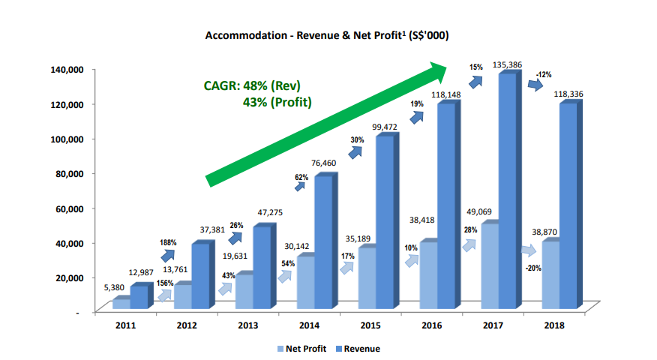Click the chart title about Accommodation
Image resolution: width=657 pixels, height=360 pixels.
(328, 35)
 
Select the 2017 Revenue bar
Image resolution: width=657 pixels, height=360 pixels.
(508, 190)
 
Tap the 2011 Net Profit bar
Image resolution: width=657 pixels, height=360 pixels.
(121, 304)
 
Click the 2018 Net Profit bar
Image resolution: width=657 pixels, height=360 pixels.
(551, 274)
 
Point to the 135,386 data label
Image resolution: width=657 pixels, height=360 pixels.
(508, 66)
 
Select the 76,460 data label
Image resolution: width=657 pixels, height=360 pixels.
(323, 162)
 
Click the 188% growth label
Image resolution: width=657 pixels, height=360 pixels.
(169, 243)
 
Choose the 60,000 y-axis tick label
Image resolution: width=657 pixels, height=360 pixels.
(67, 208)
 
